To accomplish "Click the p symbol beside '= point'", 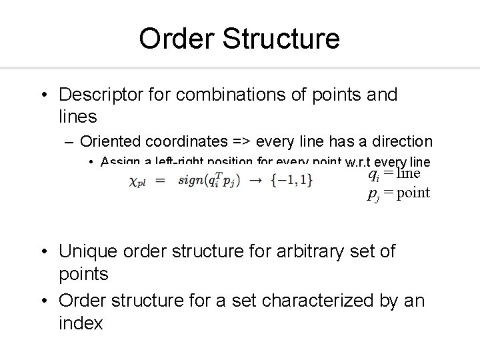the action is (373, 194).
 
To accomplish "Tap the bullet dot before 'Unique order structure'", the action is (44, 252).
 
